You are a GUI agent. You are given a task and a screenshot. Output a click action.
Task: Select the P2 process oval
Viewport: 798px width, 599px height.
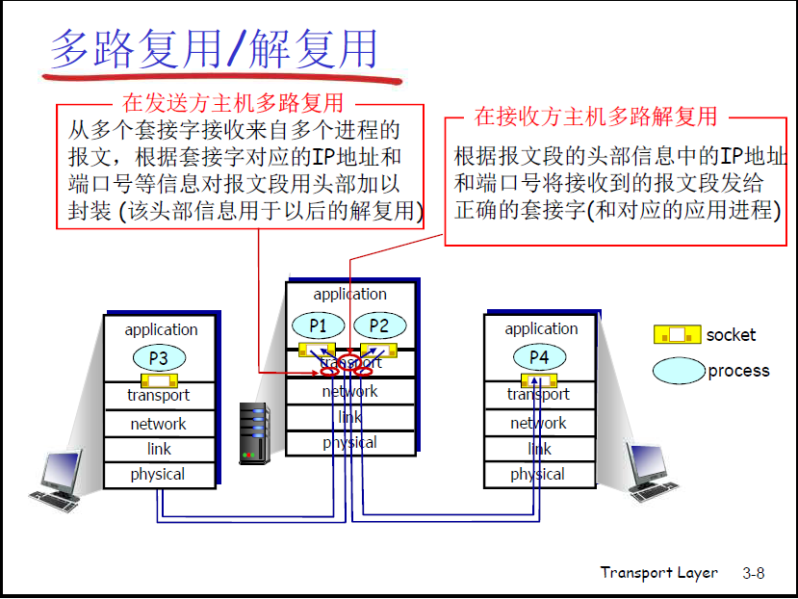pyautogui.click(x=379, y=326)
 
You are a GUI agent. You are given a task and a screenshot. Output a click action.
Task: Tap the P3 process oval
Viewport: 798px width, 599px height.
pyautogui.click(x=159, y=359)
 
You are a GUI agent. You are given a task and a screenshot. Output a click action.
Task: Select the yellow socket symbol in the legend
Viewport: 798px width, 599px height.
pyautogui.click(x=677, y=335)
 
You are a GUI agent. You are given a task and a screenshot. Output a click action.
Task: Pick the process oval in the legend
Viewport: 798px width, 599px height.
pyautogui.click(x=679, y=371)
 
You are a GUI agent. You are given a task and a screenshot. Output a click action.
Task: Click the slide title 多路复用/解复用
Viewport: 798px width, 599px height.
pyautogui.click(x=214, y=48)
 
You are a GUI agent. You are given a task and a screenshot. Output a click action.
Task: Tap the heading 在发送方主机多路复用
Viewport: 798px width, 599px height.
pyautogui.click(x=233, y=101)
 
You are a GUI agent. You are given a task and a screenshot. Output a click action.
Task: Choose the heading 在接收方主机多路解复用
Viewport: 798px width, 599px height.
pyautogui.click(x=596, y=117)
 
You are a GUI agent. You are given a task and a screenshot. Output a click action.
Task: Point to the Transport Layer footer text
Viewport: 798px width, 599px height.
pyautogui.click(x=658, y=572)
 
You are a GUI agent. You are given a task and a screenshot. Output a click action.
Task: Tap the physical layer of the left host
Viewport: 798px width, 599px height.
pyautogui.click(x=158, y=475)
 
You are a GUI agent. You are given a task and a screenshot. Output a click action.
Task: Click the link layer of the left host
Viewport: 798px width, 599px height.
pyautogui.click(x=159, y=449)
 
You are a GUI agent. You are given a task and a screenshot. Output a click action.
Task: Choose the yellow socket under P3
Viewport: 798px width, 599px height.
pyautogui.click(x=159, y=380)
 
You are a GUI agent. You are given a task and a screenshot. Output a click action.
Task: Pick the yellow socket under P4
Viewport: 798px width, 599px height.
pyautogui.click(x=539, y=379)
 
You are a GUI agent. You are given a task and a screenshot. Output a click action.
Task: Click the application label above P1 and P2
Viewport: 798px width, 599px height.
pyautogui.click(x=350, y=295)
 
